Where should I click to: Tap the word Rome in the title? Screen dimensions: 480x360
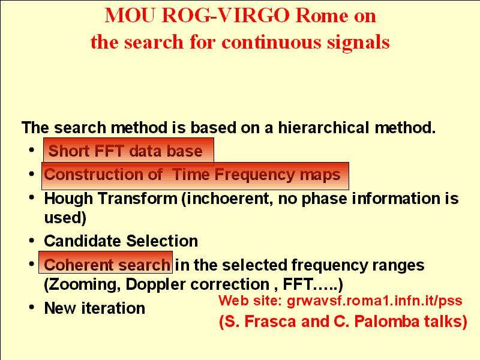pyautogui.click(x=322, y=16)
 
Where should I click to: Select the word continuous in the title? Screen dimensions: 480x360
pyautogui.click(x=271, y=42)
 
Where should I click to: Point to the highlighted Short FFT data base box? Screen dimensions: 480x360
pyautogui.click(x=128, y=151)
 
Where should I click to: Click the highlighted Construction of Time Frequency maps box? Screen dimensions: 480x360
pyautogui.click(x=196, y=176)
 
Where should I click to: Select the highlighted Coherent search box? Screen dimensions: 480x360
pyautogui.click(x=106, y=262)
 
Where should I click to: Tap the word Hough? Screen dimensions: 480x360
pyautogui.click(x=68, y=199)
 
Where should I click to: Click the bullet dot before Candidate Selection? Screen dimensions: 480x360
pyautogui.click(x=32, y=241)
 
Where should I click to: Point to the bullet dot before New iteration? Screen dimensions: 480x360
pyautogui.click(x=32, y=307)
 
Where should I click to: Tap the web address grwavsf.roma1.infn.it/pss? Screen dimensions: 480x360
pyautogui.click(x=374, y=301)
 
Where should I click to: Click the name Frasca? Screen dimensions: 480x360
pyautogui.click(x=270, y=322)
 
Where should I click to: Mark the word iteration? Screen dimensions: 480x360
pyautogui.click(x=113, y=308)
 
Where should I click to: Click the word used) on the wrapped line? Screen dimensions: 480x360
pyautogui.click(x=65, y=218)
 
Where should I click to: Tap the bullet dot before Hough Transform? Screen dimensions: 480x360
pyautogui.click(x=32, y=198)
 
